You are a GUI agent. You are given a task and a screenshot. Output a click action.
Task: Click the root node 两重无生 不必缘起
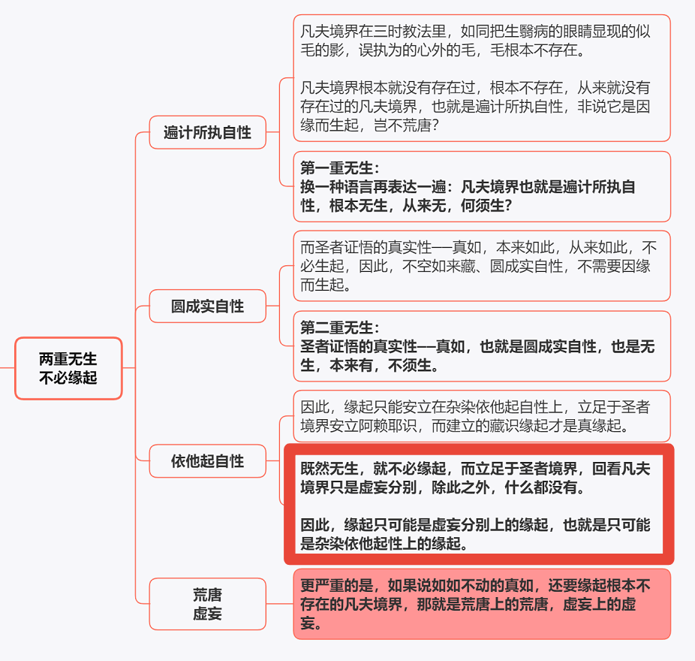pyautogui.click(x=68, y=368)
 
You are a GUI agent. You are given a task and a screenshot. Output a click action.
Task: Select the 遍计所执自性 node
pyautogui.click(x=207, y=132)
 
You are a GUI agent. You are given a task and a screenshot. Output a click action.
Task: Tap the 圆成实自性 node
pyautogui.click(x=207, y=306)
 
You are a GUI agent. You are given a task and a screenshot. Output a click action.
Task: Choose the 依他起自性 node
pyautogui.click(x=207, y=461)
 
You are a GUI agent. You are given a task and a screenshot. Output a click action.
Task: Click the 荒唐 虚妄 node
pyautogui.click(x=207, y=604)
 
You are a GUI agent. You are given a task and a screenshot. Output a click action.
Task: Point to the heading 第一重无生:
pyautogui.click(x=340, y=168)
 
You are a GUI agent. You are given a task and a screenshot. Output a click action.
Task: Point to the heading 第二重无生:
pyautogui.click(x=340, y=327)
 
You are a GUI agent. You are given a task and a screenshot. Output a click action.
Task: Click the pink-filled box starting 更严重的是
pyautogui.click(x=482, y=604)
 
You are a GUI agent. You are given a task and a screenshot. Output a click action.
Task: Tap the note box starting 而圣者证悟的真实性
pyautogui.click(x=482, y=266)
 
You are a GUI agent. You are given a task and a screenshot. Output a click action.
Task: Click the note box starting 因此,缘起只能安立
pyautogui.click(x=482, y=416)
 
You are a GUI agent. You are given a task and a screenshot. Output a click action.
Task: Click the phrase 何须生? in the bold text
pyautogui.click(x=486, y=205)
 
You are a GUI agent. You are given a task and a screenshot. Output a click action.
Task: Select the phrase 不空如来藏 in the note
pyautogui.click(x=439, y=266)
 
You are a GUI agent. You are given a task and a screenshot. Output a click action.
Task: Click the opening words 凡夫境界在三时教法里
pyautogui.click(x=373, y=32)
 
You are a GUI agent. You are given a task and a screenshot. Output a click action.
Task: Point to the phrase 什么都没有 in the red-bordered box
pyautogui.click(x=540, y=487)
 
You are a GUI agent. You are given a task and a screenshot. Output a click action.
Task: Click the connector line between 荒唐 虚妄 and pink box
pyautogui.click(x=280, y=604)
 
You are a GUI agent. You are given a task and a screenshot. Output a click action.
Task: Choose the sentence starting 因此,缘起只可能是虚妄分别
pyautogui.click(x=475, y=534)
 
